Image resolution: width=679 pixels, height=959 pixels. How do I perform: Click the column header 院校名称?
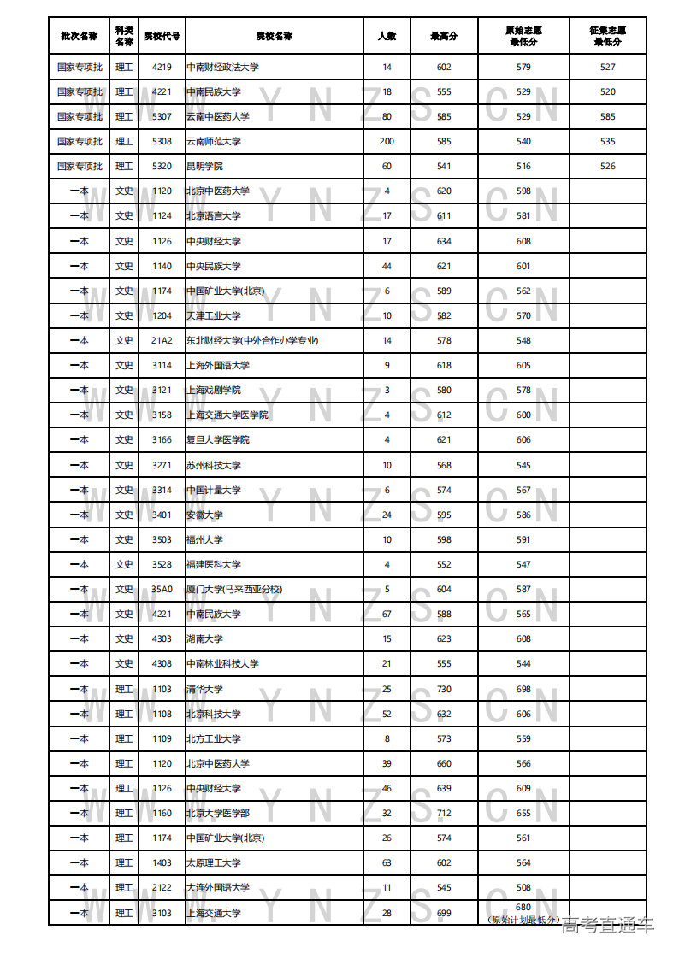274,36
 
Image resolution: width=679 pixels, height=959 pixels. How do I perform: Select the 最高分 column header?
444,36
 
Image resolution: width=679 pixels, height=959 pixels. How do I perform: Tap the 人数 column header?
387,36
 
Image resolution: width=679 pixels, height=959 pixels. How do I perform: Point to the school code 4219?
162,67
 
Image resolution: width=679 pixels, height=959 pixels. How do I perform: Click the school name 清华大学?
204,689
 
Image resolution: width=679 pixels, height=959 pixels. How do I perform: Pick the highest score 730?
444,689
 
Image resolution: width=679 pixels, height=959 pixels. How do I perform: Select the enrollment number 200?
387,141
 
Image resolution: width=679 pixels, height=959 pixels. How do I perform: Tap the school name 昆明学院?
204,166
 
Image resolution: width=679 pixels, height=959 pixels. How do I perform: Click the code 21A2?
162,340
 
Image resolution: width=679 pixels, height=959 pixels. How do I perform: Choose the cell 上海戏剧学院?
214,390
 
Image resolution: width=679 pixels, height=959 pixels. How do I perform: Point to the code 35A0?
162,589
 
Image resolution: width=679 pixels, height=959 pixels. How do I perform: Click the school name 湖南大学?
204,638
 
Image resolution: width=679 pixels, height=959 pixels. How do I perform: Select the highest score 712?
444,813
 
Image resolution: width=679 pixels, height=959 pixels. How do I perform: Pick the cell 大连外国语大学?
218,887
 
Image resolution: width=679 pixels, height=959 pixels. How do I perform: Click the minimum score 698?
523,689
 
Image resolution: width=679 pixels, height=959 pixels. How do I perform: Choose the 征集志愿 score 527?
607,67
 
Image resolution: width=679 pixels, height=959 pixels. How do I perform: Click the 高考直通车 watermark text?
608,925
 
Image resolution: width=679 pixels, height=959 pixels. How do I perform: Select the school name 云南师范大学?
214,141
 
